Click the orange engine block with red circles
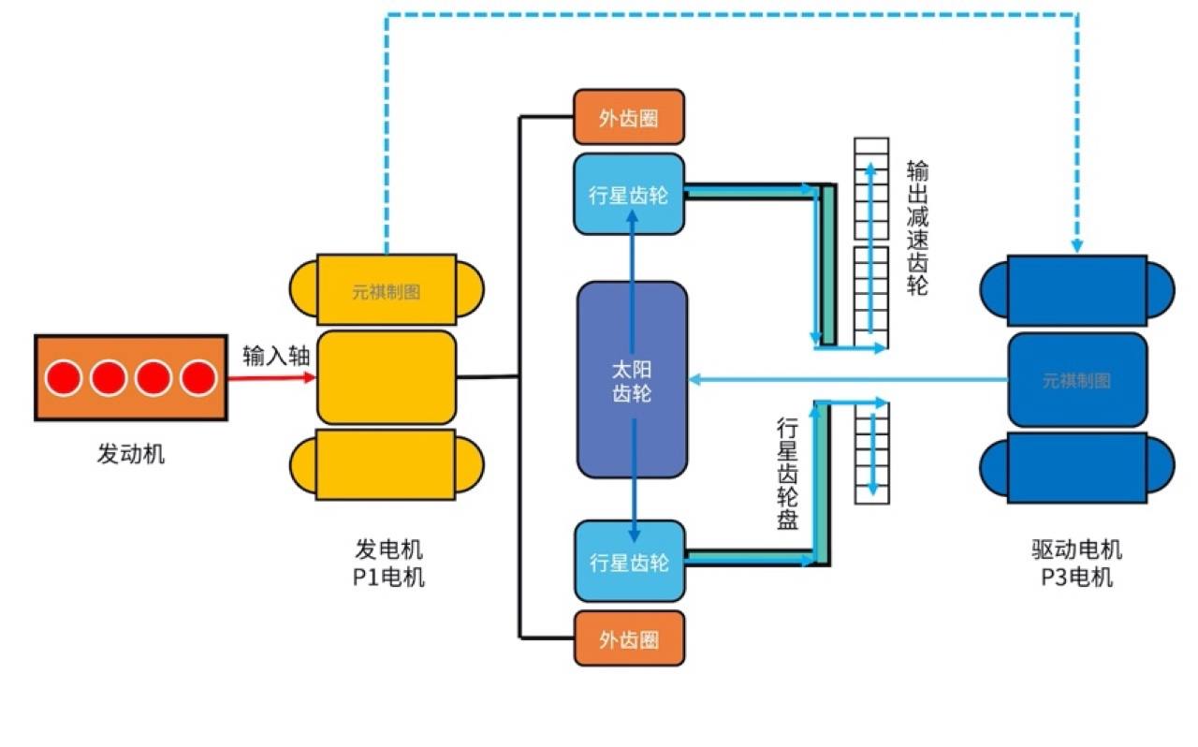[x=130, y=377]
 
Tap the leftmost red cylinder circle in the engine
[x=64, y=378]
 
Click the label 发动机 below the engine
[x=131, y=455]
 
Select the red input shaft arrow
[x=271, y=378]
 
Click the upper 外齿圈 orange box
[x=629, y=117]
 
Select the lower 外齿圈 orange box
[x=629, y=638]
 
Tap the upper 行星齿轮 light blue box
[x=629, y=195]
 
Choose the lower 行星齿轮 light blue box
[x=629, y=562]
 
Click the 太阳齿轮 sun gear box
[x=632, y=379]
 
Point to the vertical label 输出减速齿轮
[x=918, y=228]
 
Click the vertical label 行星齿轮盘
[x=788, y=474]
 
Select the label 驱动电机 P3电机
[x=1076, y=563]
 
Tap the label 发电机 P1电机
[x=387, y=563]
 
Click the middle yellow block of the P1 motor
[x=387, y=377]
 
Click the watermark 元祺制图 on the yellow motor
[x=387, y=291]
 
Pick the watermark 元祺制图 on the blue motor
[x=1076, y=381]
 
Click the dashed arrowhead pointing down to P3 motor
[x=1077, y=246]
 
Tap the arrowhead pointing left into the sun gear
[x=695, y=379]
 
